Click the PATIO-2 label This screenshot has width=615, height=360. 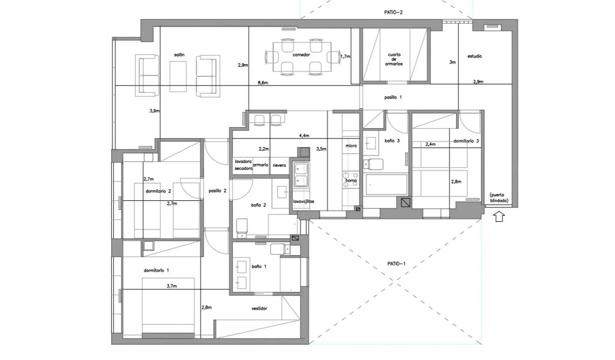tap(393, 12)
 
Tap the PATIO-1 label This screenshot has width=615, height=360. tap(396, 264)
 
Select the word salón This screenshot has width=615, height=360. tap(179, 55)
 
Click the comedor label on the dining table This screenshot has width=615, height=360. tap(301, 55)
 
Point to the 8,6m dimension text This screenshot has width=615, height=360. tap(263, 83)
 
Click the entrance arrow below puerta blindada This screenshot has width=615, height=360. tap(499, 216)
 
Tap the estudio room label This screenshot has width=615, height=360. tap(474, 56)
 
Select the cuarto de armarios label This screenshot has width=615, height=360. tap(394, 59)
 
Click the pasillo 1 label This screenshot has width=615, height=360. tap(393, 97)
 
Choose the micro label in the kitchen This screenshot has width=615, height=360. tap(351, 146)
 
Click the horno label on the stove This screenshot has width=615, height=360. tap(351, 181)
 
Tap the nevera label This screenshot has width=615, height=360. tap(279, 165)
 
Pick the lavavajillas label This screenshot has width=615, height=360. tap(304, 202)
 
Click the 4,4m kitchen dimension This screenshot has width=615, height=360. tap(304, 136)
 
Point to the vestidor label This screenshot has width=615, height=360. tap(259, 308)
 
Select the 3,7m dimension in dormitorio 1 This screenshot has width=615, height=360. tap(172, 286)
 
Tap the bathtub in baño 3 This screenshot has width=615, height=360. tap(386, 185)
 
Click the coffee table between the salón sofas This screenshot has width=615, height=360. tap(178, 77)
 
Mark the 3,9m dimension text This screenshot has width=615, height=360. tap(155, 111)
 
